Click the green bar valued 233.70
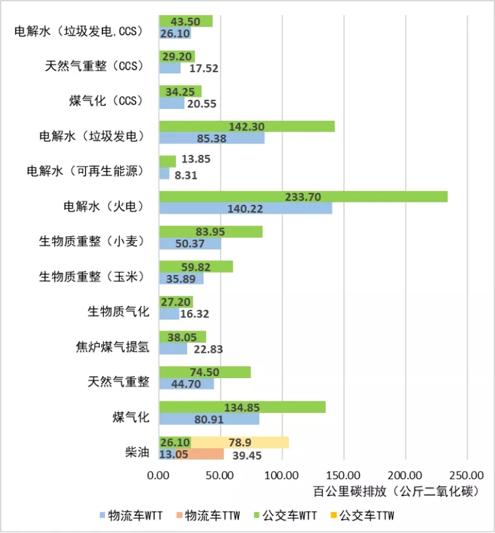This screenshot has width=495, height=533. point(303,197)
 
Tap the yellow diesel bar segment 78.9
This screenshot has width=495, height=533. point(240,442)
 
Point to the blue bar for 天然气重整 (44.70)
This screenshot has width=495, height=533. point(186,384)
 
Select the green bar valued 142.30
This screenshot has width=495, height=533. point(247,126)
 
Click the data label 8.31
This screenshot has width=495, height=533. point(186,176)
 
